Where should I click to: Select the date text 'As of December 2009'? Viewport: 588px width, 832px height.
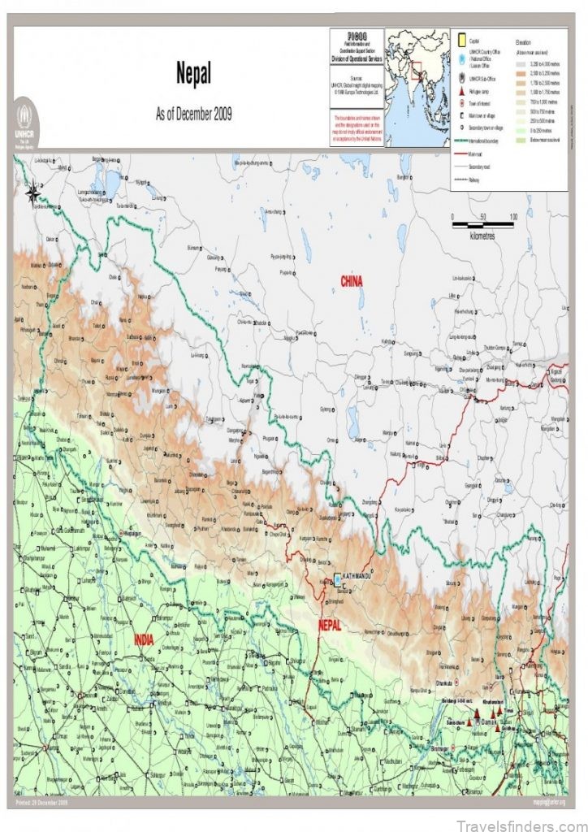click(x=193, y=114)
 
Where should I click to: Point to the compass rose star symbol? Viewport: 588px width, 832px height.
click(x=32, y=193)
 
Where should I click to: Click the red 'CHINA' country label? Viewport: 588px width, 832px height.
click(x=351, y=281)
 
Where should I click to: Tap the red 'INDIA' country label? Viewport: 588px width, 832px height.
click(x=145, y=639)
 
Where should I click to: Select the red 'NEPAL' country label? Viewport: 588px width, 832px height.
click(x=329, y=625)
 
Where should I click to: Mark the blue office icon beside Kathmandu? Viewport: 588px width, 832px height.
click(x=338, y=579)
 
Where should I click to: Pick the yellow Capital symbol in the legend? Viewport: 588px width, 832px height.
click(x=460, y=40)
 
